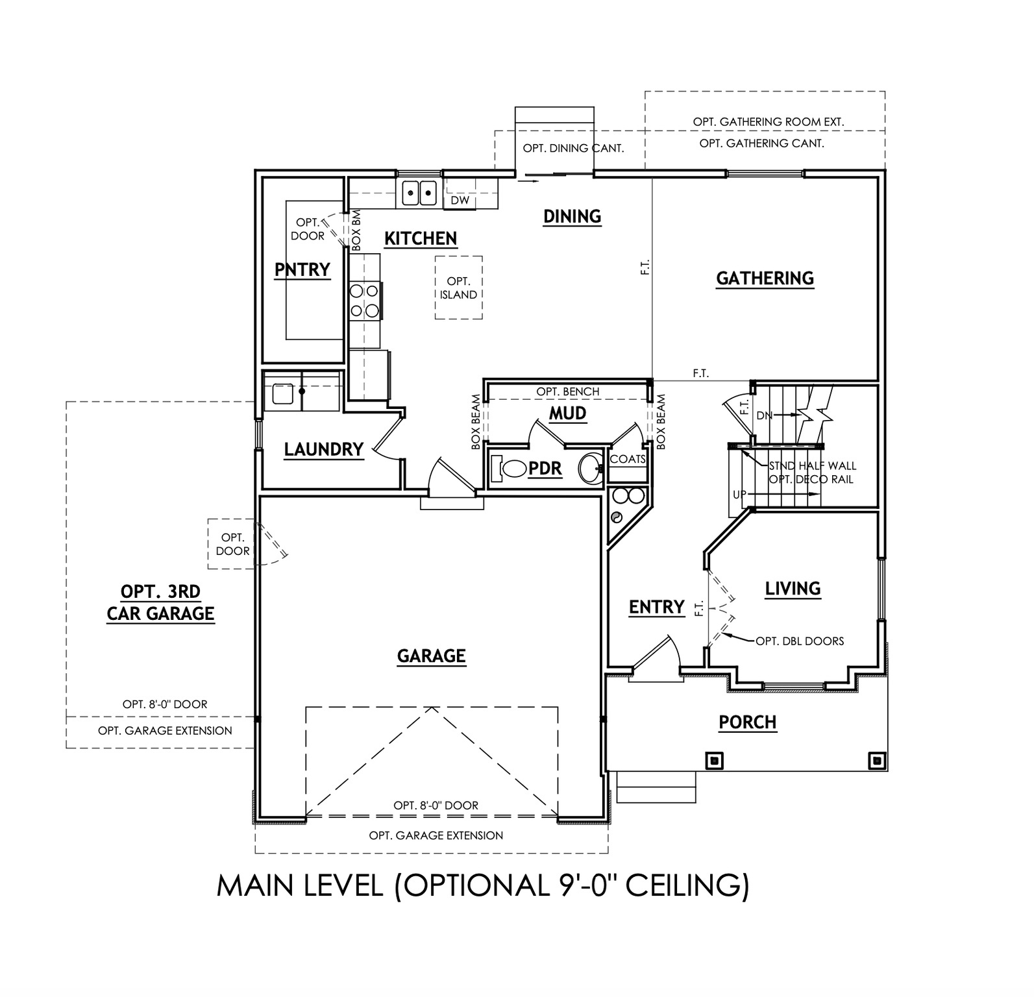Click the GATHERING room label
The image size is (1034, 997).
pos(765,278)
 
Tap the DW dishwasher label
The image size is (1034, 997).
pos(460,201)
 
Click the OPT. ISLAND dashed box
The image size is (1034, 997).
pos(458,288)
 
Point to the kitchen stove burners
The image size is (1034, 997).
pos(364,301)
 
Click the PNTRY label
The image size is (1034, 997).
pos(302,269)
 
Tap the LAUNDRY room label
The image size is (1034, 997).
pos(323,449)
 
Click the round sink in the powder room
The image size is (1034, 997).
pos(590,469)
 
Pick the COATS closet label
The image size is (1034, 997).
pos(628,459)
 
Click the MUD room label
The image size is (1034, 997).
pos(567,413)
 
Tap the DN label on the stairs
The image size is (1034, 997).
pos(764,415)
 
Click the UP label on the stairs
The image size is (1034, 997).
pos(739,495)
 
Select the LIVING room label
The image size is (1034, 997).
pos(793,589)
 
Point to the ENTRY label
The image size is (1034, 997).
pos(656,607)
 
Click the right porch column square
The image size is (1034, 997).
pos(876,760)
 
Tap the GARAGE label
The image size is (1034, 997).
pos(431,656)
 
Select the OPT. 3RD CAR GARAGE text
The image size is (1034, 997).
pos(160,602)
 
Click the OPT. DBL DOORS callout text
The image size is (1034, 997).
pos(800,641)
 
